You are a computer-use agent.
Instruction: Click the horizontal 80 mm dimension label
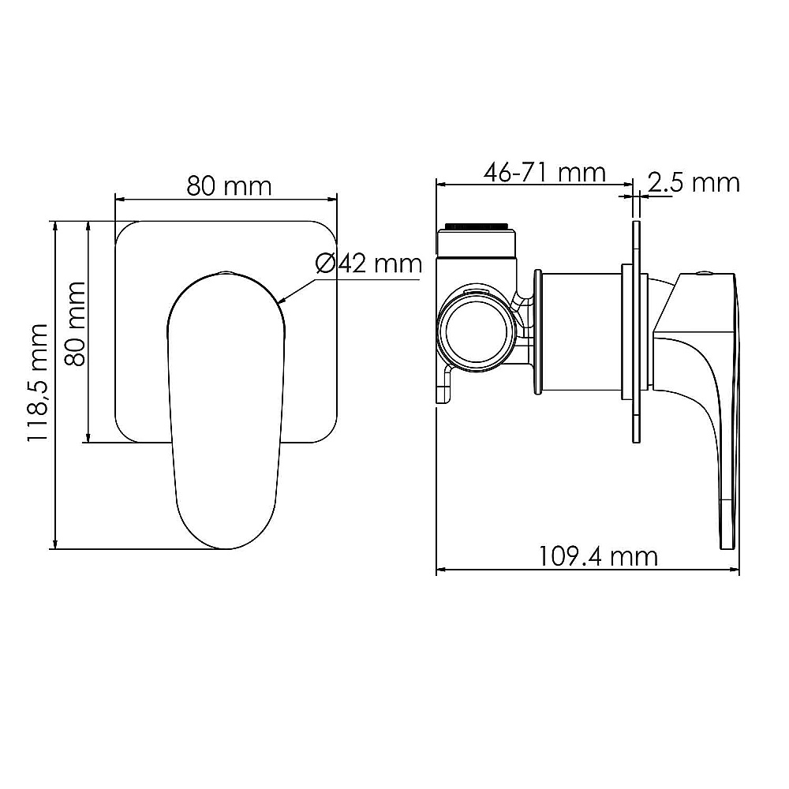point(229,186)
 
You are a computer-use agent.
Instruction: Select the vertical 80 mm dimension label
point(76,323)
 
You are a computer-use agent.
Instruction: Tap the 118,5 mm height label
point(37,383)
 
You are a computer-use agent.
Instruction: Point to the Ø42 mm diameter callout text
point(368,264)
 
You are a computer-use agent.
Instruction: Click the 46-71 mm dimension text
point(544,173)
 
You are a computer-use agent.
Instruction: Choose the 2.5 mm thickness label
point(694,183)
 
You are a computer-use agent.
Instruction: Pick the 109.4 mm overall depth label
point(598,556)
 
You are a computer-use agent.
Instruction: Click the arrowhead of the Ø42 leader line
point(282,301)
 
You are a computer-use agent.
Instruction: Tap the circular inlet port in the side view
point(476,332)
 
